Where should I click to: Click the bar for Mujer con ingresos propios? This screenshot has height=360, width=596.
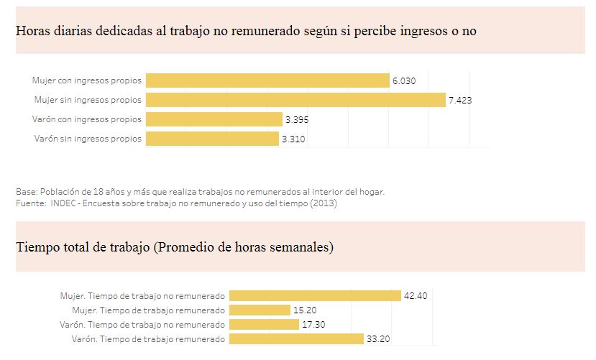[x=267, y=80]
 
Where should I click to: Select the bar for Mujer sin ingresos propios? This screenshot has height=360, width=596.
[x=295, y=100]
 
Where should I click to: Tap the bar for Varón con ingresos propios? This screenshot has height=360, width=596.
[x=214, y=119]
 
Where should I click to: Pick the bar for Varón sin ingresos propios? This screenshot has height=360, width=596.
[x=212, y=139]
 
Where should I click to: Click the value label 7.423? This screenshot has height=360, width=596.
[x=460, y=101]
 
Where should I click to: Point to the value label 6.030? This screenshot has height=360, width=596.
[x=404, y=81]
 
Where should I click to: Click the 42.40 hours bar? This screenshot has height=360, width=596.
[x=314, y=296]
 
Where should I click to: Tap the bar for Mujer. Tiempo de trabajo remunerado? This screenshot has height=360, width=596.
[x=260, y=310]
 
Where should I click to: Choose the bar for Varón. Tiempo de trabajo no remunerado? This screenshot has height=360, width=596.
[x=264, y=325]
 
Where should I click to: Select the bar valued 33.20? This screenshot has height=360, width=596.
[x=296, y=339]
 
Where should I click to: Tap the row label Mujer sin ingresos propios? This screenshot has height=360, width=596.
[x=88, y=100]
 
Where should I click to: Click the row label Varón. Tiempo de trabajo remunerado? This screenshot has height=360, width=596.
[x=148, y=339]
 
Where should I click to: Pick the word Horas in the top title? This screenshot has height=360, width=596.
[x=32, y=31]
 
